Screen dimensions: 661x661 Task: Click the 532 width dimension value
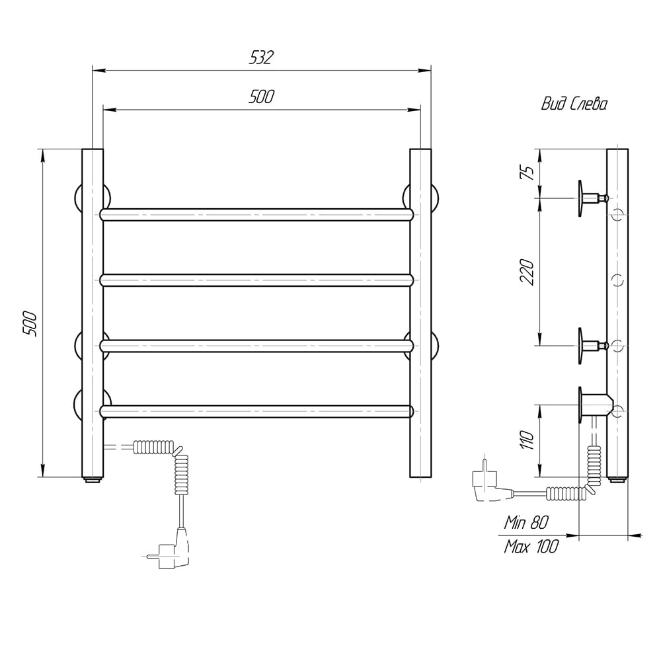[261, 58]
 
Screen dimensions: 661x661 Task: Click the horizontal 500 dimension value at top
[261, 97]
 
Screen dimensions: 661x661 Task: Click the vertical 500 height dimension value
[30, 324]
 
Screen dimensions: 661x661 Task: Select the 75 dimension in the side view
[527, 172]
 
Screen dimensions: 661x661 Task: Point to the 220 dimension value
[527, 272]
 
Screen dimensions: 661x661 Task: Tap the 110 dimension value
[527, 440]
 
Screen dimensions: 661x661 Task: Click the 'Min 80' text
[526, 523]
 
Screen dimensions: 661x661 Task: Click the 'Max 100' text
[531, 547]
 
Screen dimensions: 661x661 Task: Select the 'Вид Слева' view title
[574, 104]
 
